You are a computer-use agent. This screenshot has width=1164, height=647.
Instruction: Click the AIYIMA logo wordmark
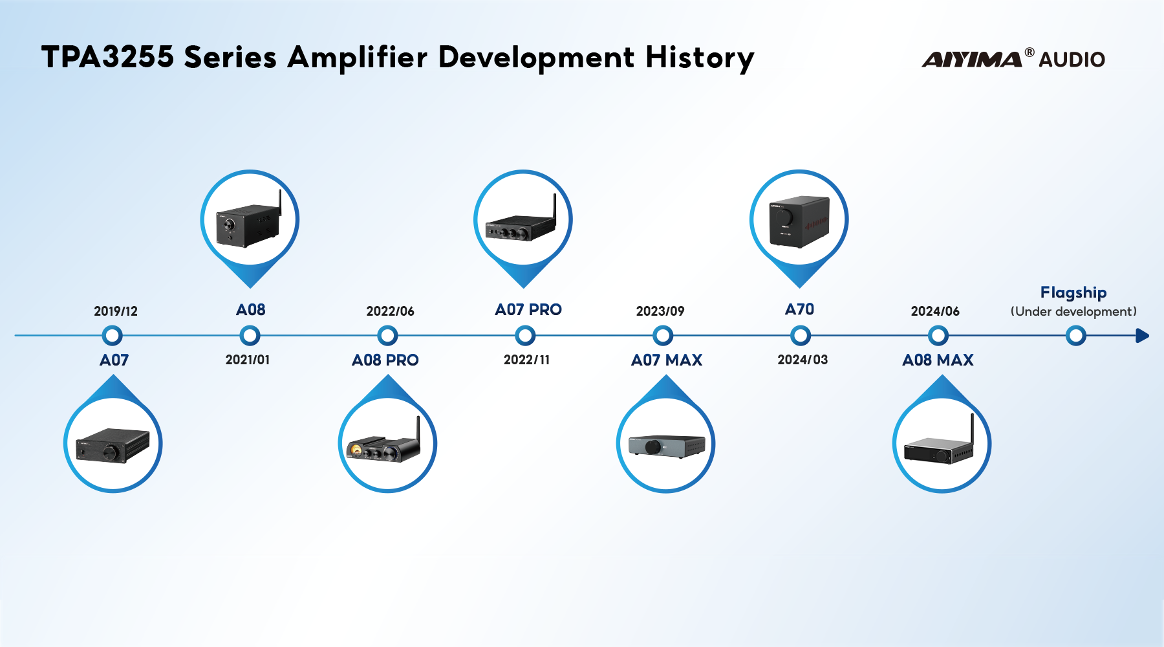[971, 59]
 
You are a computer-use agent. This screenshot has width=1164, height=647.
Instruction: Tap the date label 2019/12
[116, 311]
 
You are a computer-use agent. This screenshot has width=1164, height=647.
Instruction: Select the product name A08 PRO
[385, 360]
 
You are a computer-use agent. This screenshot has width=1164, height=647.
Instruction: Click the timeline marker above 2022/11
[525, 335]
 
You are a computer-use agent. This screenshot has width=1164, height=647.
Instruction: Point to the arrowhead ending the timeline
[1142, 335]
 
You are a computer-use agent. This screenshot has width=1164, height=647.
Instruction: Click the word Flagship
[1073, 292]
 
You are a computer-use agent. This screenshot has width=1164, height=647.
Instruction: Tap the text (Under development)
[1073, 312]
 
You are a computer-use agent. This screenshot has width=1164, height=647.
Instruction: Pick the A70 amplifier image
[799, 221]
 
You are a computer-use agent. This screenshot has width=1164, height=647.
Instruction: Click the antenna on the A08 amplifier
[280, 203]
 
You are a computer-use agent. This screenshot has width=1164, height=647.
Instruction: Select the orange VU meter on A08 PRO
[356, 448]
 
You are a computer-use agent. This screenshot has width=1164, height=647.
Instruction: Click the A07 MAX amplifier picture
[666, 446]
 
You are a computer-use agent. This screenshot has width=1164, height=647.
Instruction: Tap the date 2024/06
[935, 311]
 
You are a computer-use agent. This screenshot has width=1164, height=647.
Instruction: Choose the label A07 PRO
[528, 310]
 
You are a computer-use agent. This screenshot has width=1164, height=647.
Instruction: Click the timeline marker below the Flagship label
[1075, 335]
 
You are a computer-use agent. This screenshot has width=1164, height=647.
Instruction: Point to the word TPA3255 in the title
[107, 57]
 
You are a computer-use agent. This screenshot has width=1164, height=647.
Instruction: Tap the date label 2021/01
[248, 360]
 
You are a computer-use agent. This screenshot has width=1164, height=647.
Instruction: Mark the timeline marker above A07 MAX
[663, 335]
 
